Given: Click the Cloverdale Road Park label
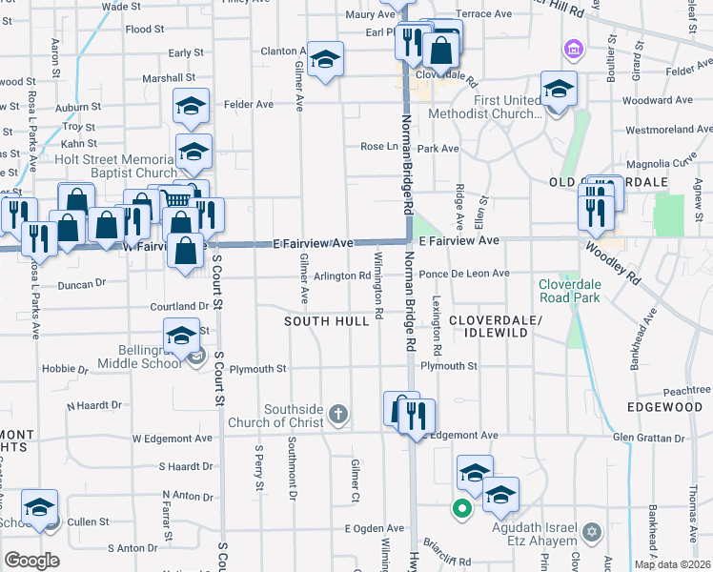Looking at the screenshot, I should tap(581, 291).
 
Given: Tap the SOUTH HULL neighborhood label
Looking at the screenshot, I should tap(327, 321).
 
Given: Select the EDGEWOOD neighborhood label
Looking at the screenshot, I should tap(664, 407).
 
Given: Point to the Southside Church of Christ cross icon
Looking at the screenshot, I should tap(336, 414).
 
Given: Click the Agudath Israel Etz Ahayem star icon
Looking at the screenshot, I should tap(591, 530).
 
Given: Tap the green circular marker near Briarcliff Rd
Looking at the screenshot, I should tap(461, 509).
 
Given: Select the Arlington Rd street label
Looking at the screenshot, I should tap(342, 276).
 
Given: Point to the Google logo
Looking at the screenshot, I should tap(31, 561).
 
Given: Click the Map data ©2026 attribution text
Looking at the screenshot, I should tap(672, 564).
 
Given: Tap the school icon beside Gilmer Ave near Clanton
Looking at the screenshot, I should tap(325, 61).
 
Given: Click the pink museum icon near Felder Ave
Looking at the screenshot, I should tap(573, 48).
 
